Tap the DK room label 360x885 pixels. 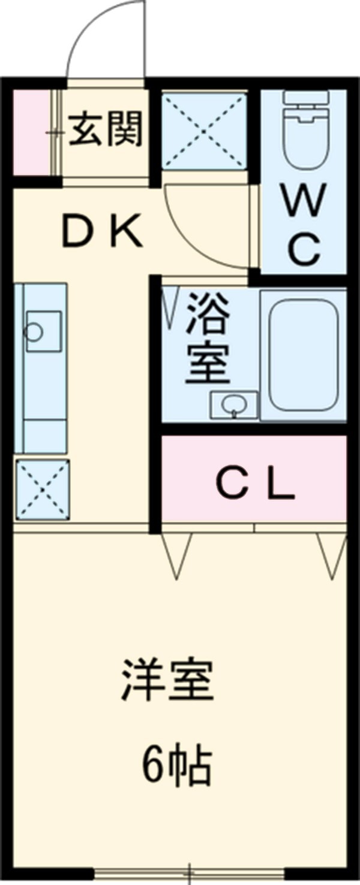point(103,231)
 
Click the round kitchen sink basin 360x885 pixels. point(34,331)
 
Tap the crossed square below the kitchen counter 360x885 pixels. point(42,489)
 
